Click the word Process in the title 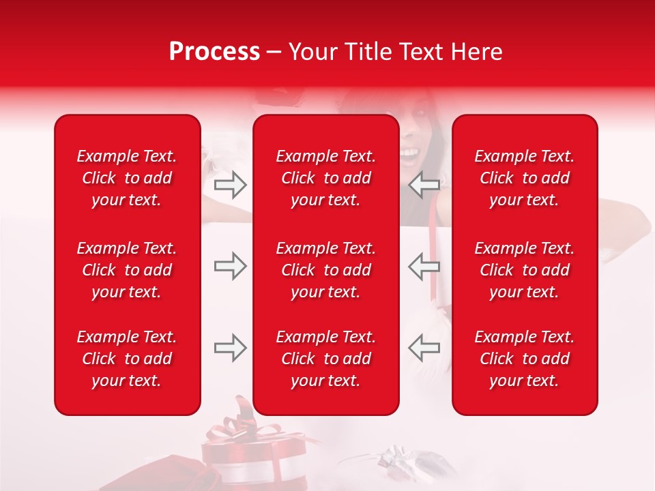pos(214,52)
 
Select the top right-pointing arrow pos(231,184)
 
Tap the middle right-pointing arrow pos(231,266)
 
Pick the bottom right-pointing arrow pos(231,348)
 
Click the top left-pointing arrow pos(424,184)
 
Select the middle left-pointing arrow pos(424,266)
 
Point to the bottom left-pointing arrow pos(424,348)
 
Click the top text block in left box pos(127,178)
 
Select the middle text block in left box pos(127,270)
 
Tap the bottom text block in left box pos(127,359)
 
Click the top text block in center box pos(326,178)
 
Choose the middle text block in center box pos(326,270)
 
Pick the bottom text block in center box pos(326,359)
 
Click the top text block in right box pos(524,178)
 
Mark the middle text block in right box pos(524,270)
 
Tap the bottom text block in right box pos(524,359)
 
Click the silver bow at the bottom pos(396,456)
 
